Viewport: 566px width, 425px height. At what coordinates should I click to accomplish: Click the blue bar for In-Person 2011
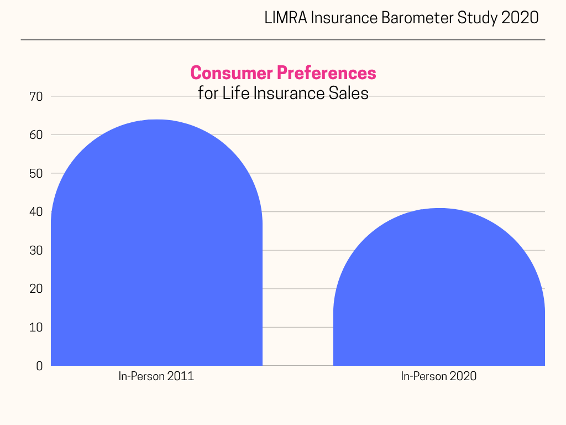coord(156,249)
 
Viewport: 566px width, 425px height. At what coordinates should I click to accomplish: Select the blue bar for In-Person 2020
coord(439,293)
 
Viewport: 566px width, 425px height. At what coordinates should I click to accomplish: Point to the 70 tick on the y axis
coord(36,97)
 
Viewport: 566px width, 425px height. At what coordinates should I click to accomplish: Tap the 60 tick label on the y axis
coord(36,135)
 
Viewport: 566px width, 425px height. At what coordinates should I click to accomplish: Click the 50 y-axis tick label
coord(36,174)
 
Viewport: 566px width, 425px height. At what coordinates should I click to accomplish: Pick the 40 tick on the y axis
coord(36,212)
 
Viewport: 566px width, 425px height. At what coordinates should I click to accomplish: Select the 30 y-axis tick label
coord(36,251)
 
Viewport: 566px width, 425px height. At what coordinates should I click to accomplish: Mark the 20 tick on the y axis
coord(36,289)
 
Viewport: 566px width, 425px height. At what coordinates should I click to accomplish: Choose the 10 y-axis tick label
coord(36,328)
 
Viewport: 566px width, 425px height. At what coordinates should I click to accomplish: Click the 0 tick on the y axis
coord(39,366)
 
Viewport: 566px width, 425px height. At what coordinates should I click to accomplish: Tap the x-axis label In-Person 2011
coord(156,377)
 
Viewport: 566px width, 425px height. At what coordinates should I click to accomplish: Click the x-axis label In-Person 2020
coord(439,377)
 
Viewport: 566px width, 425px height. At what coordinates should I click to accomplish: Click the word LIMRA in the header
coord(285,18)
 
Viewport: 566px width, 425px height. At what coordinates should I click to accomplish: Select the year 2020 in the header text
coord(520,18)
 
